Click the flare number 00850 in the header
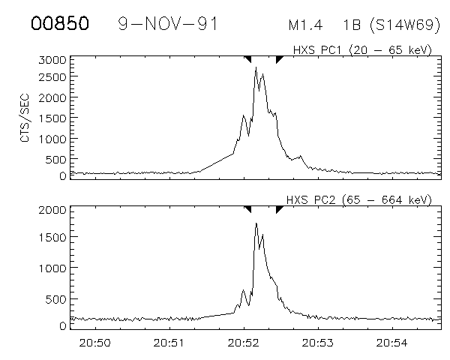click(x=60, y=23)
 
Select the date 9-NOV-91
click(x=168, y=23)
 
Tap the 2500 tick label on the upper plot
click(x=51, y=78)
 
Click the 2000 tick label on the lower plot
click(x=51, y=210)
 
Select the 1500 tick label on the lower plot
click(x=51, y=238)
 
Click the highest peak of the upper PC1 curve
click(x=256, y=67)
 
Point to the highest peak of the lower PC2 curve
click(x=256, y=223)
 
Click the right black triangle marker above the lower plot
click(x=279, y=209)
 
